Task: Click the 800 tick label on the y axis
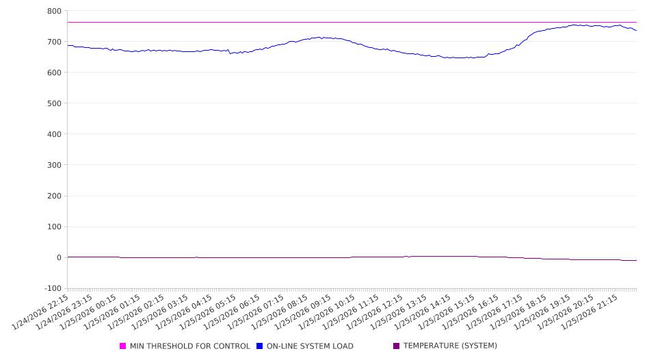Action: [53, 11]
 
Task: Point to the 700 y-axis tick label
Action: [53, 42]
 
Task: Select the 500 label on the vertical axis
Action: [53, 103]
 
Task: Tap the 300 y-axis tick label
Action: [53, 165]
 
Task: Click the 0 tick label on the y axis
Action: [58, 258]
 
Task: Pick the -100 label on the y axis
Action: [51, 289]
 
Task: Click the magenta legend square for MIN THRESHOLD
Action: [123, 346]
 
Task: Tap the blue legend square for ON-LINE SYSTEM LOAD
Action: [260, 346]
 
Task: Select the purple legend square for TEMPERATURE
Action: [397, 346]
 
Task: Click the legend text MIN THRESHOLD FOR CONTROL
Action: [189, 346]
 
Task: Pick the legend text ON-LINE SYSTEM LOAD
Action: [310, 346]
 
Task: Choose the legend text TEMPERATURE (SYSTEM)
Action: [450, 346]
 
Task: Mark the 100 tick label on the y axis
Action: [53, 227]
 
